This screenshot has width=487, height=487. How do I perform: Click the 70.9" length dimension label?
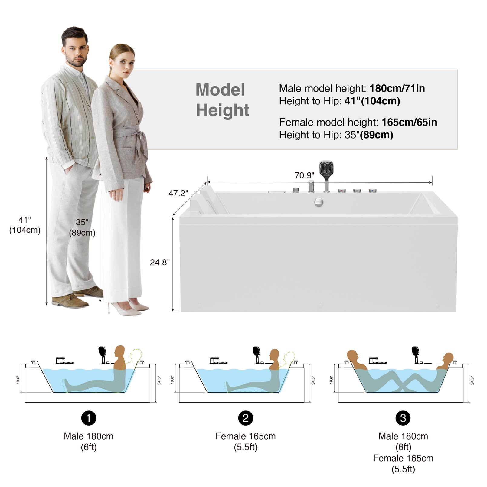point(304,175)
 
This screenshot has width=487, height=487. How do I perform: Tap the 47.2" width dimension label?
point(178,193)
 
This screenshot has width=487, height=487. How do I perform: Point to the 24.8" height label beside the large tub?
point(160,263)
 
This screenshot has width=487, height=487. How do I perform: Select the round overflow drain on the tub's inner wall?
point(319,202)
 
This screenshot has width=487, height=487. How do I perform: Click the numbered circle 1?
point(89,418)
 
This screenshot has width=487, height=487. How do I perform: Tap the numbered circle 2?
point(246,418)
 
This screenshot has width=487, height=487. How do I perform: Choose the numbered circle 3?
point(403,418)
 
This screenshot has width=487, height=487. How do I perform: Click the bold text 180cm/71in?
point(397,88)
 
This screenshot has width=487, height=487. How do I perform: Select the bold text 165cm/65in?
point(409,122)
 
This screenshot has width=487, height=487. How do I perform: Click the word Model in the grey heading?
point(220,90)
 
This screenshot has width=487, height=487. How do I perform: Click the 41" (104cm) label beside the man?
point(25,225)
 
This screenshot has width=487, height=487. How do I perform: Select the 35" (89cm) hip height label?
point(82,227)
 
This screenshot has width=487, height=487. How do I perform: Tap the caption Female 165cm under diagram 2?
point(246,436)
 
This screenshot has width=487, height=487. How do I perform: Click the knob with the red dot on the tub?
point(342,191)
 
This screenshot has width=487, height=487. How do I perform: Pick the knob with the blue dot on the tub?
point(373,191)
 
